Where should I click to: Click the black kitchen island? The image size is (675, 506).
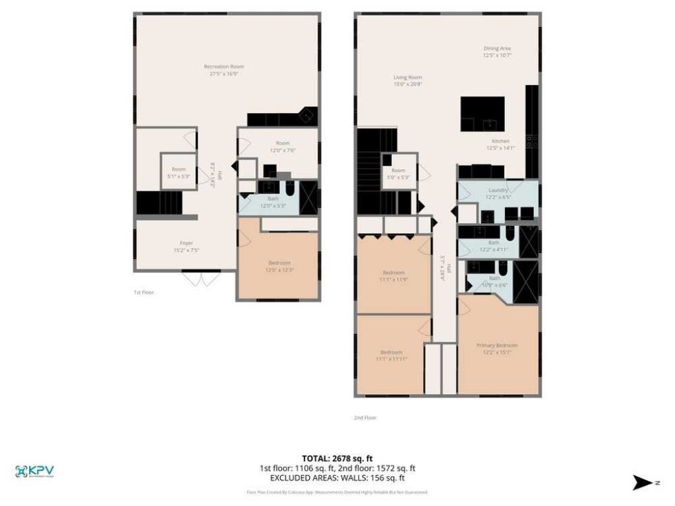pyautogui.click(x=483, y=114)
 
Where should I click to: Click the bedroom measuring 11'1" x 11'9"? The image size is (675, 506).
pyautogui.click(x=394, y=276)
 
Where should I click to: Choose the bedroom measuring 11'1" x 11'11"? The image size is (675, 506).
pyautogui.click(x=392, y=355)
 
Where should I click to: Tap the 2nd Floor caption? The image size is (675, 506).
pyautogui.click(x=365, y=417)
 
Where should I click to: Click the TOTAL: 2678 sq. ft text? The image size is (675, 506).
pyautogui.click(x=337, y=458)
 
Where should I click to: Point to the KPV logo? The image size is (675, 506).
pyautogui.click(x=34, y=472)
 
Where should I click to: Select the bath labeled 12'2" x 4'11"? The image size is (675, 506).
pyautogui.click(x=498, y=246)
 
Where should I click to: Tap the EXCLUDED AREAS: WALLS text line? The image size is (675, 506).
pyautogui.click(x=337, y=478)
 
